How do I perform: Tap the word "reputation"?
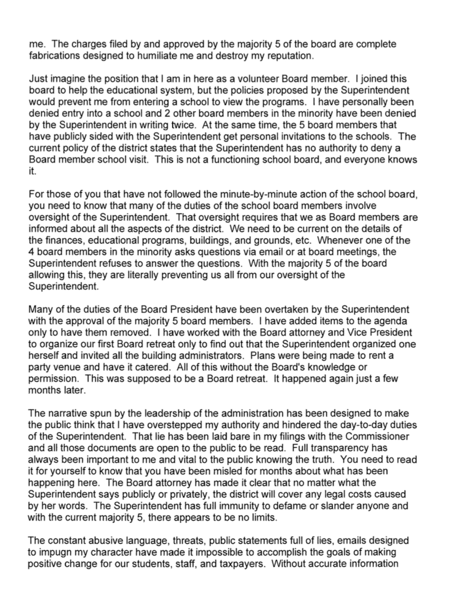coord(289,56)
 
